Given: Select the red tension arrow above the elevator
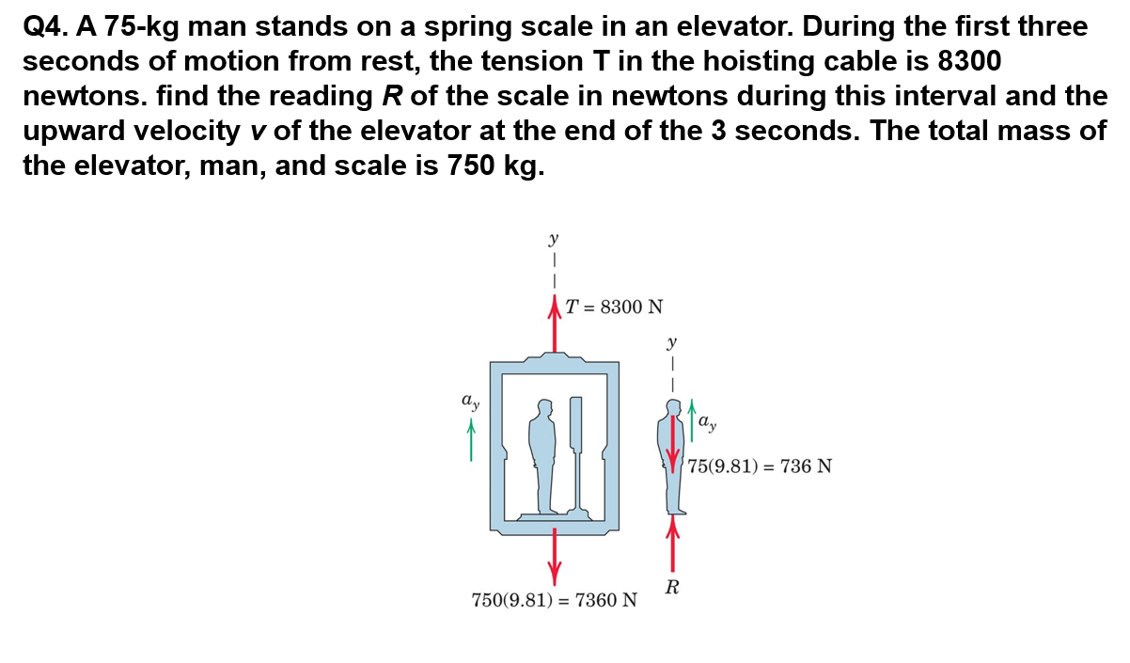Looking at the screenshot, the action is pos(555,324).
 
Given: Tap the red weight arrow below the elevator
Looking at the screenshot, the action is pos(555,555).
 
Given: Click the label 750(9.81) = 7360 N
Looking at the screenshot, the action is pos(554,599).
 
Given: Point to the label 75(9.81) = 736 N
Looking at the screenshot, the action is pos(759,466).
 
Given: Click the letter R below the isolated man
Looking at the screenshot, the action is pos(672,589).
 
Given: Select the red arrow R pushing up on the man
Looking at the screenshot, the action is pos(672,545).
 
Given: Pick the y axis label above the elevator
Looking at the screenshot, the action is pos(555,239).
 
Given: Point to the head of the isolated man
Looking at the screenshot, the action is pos(672,406).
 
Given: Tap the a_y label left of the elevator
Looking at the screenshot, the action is pos(470,403).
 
